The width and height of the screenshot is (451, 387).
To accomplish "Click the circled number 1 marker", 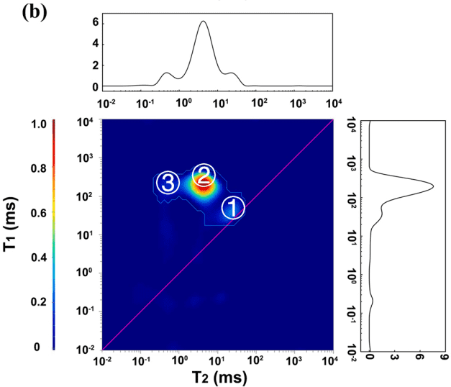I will [232, 209].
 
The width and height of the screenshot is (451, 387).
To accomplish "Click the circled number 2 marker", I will [204, 173].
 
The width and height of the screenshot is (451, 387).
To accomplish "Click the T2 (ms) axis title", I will [216, 376].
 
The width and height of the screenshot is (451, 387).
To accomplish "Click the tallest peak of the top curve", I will [204, 22].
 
